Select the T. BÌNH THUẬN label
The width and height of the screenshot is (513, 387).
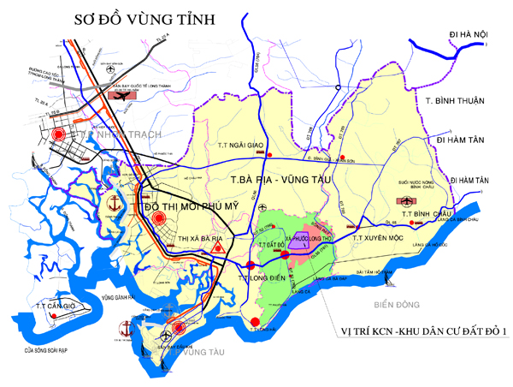456,101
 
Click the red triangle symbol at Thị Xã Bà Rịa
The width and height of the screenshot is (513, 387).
219,247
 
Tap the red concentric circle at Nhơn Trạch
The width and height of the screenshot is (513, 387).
59,134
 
